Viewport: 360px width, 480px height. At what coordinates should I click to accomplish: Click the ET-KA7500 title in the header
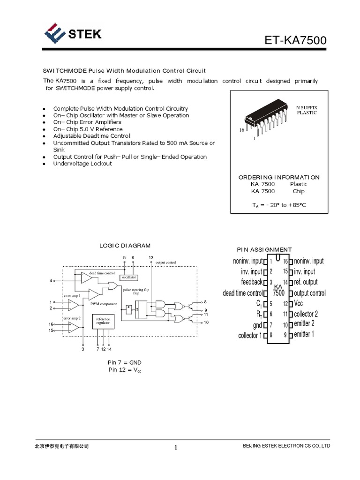coord(296,42)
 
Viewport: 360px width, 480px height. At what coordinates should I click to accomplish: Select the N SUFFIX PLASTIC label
coord(307,110)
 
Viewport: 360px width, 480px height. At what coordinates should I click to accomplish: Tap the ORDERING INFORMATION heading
coord(279,177)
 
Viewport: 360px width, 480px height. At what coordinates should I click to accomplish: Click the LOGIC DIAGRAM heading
coord(125,245)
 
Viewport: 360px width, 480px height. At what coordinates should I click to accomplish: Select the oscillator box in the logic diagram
coord(129,277)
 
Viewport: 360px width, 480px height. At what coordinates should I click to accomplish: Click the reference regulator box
coord(103,321)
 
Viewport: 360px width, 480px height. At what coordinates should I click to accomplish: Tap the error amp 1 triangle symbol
coord(73,305)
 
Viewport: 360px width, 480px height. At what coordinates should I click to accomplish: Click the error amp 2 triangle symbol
coord(73,327)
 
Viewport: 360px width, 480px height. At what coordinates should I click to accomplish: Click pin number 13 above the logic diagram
coord(151,258)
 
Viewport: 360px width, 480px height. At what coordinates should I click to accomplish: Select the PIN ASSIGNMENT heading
coord(264,249)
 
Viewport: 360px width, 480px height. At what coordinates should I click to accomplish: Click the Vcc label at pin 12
coord(299,303)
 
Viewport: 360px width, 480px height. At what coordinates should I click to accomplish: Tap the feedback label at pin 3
coord(252,282)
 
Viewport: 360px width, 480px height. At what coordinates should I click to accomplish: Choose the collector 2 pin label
coord(306,314)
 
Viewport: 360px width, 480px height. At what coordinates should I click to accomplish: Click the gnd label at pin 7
coord(257,325)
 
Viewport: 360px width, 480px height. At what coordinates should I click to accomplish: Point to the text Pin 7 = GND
coord(125,363)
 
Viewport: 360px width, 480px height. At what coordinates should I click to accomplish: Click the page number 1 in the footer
coord(176,448)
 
